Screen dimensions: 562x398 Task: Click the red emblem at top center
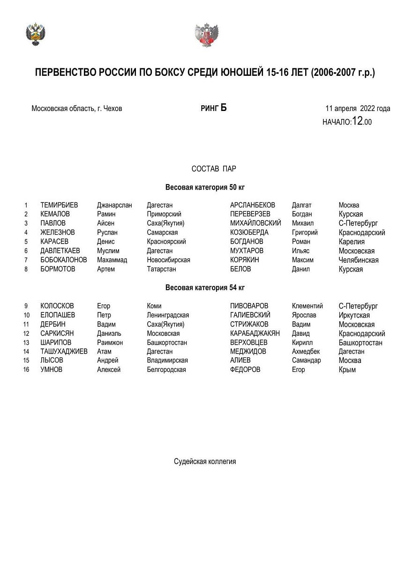click(x=207, y=35)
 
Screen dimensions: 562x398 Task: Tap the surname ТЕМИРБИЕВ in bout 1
click(x=59, y=205)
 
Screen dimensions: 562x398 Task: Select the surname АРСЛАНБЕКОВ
click(x=253, y=205)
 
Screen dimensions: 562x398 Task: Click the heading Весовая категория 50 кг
click(x=205, y=187)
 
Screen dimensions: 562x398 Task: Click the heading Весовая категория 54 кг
click(x=205, y=288)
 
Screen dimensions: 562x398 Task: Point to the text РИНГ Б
click(x=213, y=108)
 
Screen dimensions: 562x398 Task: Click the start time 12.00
click(x=362, y=121)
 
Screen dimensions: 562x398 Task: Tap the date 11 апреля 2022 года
click(x=358, y=109)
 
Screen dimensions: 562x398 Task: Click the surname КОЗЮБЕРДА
click(x=249, y=232)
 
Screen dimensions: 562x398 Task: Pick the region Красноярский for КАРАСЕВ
click(x=166, y=242)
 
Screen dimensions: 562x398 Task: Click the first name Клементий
click(x=307, y=306)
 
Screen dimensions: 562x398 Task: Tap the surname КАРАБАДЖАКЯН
click(x=255, y=333)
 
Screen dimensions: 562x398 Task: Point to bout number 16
click(x=26, y=370)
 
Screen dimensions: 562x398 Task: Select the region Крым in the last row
click(x=347, y=370)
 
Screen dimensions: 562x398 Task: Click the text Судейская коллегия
click(x=205, y=461)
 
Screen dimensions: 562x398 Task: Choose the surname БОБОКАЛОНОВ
click(x=64, y=260)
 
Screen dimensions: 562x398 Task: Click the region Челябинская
click(x=359, y=260)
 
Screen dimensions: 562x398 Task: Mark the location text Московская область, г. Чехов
click(x=77, y=109)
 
